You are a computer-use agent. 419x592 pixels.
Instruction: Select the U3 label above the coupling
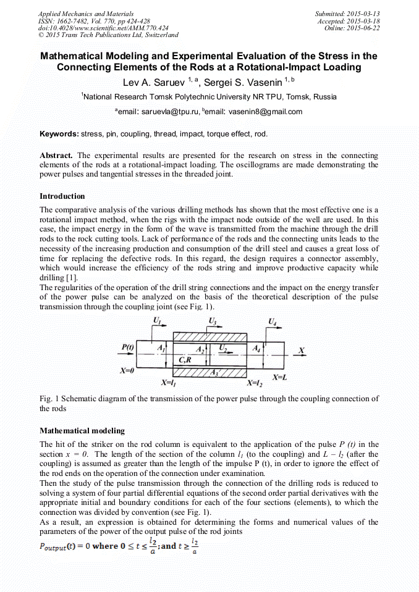212,321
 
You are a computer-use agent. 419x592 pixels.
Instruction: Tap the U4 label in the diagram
273,321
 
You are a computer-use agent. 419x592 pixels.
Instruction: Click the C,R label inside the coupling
184,359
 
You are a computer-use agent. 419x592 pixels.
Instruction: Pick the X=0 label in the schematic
128,371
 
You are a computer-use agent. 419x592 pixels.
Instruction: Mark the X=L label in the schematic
280,376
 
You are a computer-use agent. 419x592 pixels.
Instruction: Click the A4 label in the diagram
257,348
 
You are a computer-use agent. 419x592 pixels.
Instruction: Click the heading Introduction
62,196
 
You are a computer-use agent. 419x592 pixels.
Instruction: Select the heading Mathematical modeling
82,430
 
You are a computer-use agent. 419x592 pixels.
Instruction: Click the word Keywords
59,133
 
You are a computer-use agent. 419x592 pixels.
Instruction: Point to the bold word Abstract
56,155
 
